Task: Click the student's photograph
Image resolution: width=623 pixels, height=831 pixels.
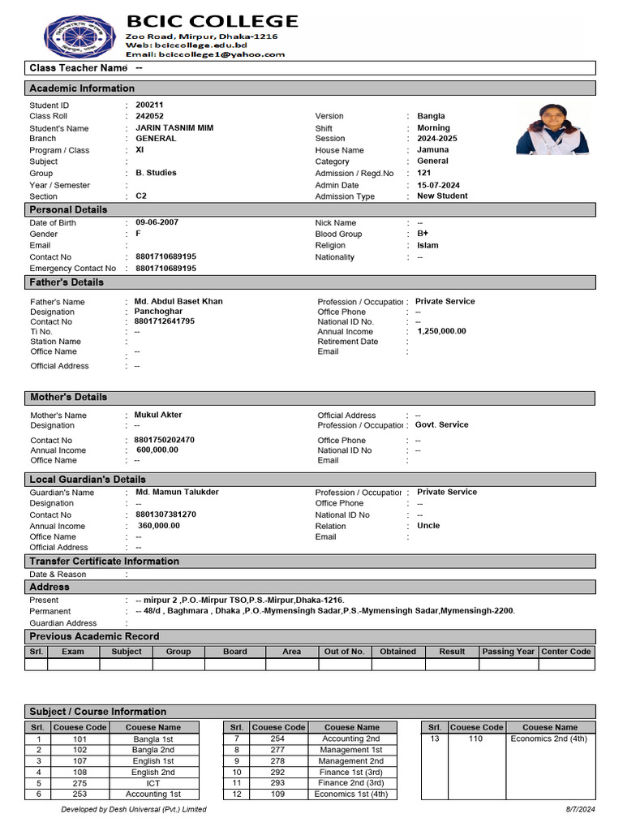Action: [552, 129]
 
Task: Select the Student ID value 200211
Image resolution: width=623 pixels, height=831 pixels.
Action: [149, 105]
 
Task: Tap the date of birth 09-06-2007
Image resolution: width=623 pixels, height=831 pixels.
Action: [157, 222]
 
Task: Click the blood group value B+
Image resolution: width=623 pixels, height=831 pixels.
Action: [423, 234]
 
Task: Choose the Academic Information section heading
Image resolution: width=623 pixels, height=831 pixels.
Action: [82, 88]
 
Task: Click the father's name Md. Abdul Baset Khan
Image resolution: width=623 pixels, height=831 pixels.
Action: [178, 302]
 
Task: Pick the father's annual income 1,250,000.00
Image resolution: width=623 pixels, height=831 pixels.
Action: [441, 331]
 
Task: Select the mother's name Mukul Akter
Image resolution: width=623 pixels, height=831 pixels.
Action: [158, 415]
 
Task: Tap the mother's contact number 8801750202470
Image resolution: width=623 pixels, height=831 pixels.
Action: [165, 440]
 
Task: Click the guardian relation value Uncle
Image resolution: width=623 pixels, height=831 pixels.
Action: [428, 526]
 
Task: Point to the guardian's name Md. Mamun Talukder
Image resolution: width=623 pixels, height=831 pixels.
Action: [177, 492]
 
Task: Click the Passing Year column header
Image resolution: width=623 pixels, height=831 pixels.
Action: [508, 652]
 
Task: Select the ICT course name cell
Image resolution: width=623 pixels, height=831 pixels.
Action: [153, 783]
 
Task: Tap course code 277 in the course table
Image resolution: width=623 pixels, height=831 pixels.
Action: [277, 751]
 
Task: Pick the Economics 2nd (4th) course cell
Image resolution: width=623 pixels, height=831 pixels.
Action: [549, 739]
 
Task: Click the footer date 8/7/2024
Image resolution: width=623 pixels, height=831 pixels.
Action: [580, 809]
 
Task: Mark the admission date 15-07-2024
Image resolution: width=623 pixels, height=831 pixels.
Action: [438, 185]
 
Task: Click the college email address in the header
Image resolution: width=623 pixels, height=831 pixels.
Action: [205, 54]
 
